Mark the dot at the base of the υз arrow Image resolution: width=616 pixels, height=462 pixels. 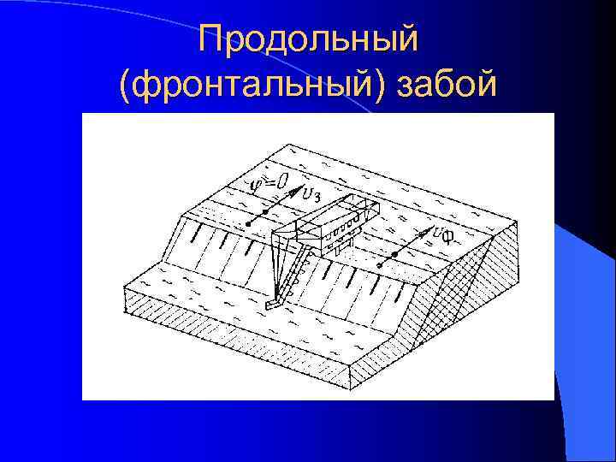click(249, 224)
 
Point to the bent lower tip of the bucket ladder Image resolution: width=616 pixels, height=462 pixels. click(272, 303)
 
